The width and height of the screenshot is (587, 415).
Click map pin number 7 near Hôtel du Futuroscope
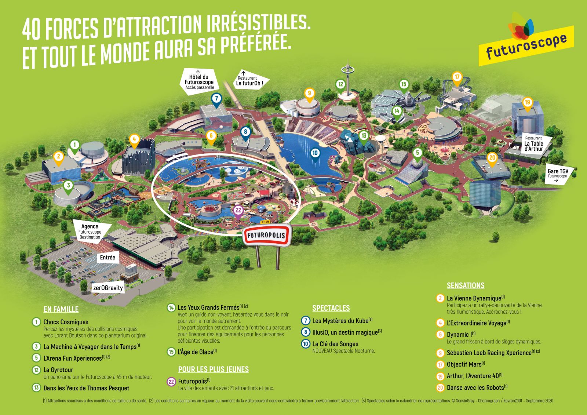(x=216, y=99)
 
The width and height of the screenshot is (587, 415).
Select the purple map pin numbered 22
(x=238, y=211)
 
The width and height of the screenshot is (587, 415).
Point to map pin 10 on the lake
(x=315, y=153)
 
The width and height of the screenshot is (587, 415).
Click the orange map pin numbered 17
(x=457, y=77)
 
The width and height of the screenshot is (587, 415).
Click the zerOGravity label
(x=108, y=288)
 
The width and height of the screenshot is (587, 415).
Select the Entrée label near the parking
(x=107, y=258)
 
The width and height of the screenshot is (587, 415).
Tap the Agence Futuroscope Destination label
(x=90, y=232)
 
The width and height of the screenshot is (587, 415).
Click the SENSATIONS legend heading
(x=465, y=285)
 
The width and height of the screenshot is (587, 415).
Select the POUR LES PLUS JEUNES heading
(x=213, y=369)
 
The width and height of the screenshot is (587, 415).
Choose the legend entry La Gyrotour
(x=58, y=370)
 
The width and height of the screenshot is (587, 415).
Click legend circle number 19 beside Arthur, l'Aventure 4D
(x=440, y=376)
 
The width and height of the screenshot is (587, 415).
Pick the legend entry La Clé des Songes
(x=335, y=344)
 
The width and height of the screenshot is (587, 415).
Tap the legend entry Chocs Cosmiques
(x=66, y=322)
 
